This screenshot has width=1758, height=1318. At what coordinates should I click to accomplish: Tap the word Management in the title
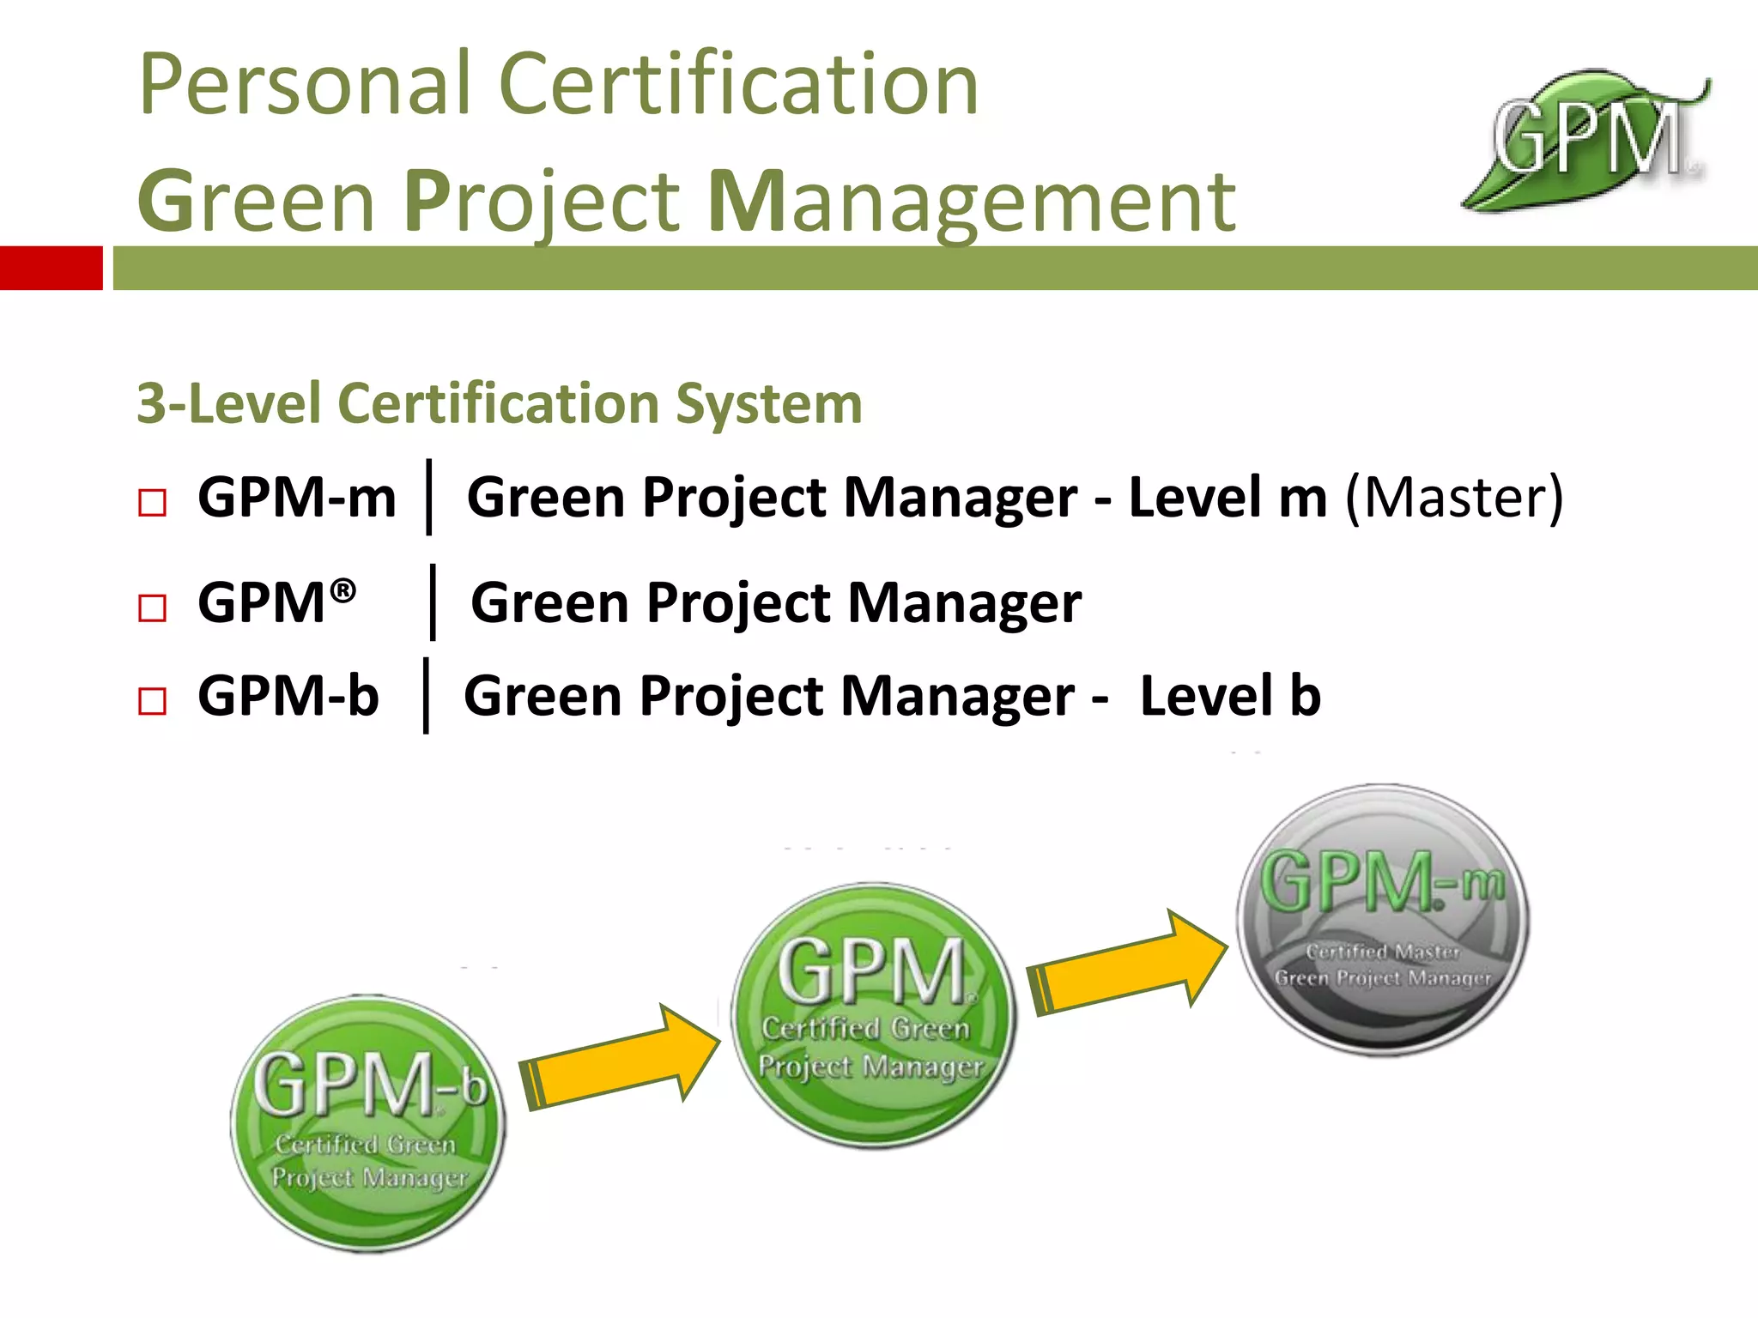click(x=972, y=203)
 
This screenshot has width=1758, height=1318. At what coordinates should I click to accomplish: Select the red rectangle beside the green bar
click(x=51, y=268)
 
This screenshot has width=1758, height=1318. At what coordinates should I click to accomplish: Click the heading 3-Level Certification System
click(x=500, y=403)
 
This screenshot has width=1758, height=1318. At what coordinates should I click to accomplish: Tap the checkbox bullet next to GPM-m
click(x=152, y=503)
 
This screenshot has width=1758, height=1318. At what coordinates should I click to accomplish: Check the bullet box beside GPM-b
click(x=152, y=701)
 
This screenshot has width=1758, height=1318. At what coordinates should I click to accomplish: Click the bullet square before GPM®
click(x=152, y=608)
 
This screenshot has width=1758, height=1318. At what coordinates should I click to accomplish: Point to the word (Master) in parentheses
click(x=1454, y=498)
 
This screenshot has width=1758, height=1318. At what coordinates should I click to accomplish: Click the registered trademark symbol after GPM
click(x=343, y=590)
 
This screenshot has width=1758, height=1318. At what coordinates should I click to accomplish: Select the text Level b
click(x=1230, y=695)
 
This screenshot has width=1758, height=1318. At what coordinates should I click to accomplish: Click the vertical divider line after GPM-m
click(x=429, y=498)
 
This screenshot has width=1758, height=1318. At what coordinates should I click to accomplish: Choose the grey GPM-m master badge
click(x=1382, y=920)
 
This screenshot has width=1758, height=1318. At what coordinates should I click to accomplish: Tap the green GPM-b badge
click(x=368, y=1124)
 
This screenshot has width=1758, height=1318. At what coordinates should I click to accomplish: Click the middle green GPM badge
click(x=873, y=1016)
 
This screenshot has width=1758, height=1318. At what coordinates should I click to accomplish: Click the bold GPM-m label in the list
click(x=297, y=498)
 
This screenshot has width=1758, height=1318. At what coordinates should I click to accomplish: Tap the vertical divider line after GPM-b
click(x=426, y=695)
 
